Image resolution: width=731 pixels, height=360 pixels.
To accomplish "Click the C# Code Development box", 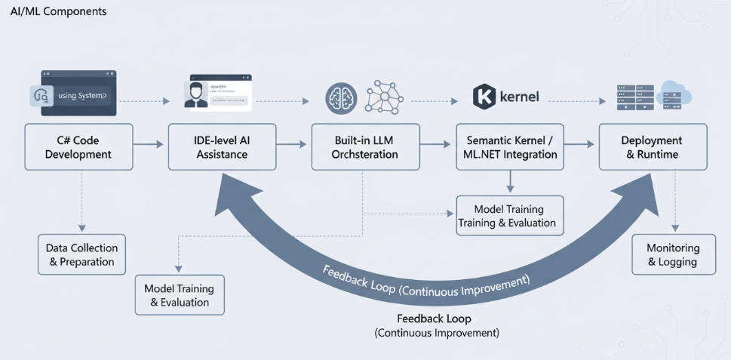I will [78, 147].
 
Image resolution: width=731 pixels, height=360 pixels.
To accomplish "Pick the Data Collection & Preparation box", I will [81, 254].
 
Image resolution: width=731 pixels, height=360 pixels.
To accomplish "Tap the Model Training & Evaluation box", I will [180, 295].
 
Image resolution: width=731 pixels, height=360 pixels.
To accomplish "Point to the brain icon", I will [341, 98].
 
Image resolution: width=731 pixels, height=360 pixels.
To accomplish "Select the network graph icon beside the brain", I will [384, 97].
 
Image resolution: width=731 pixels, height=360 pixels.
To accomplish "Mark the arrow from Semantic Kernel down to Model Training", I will [511, 181].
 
